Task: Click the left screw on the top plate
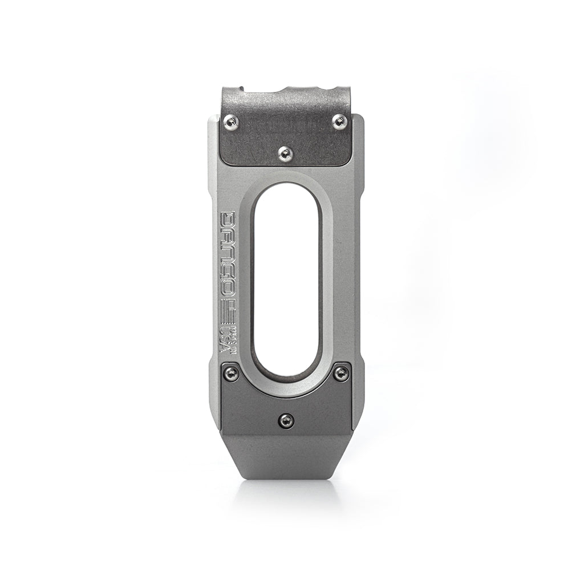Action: (230, 120)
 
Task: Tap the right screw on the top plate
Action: (339, 120)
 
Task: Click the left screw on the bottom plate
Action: (231, 373)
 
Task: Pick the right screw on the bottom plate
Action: (340, 373)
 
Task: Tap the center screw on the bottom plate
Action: (286, 421)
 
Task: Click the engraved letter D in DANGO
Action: (228, 220)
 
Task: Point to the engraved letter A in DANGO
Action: (228, 236)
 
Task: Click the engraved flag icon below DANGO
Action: (228, 311)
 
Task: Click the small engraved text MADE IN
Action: (234, 336)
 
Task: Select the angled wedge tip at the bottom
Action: (285, 456)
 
